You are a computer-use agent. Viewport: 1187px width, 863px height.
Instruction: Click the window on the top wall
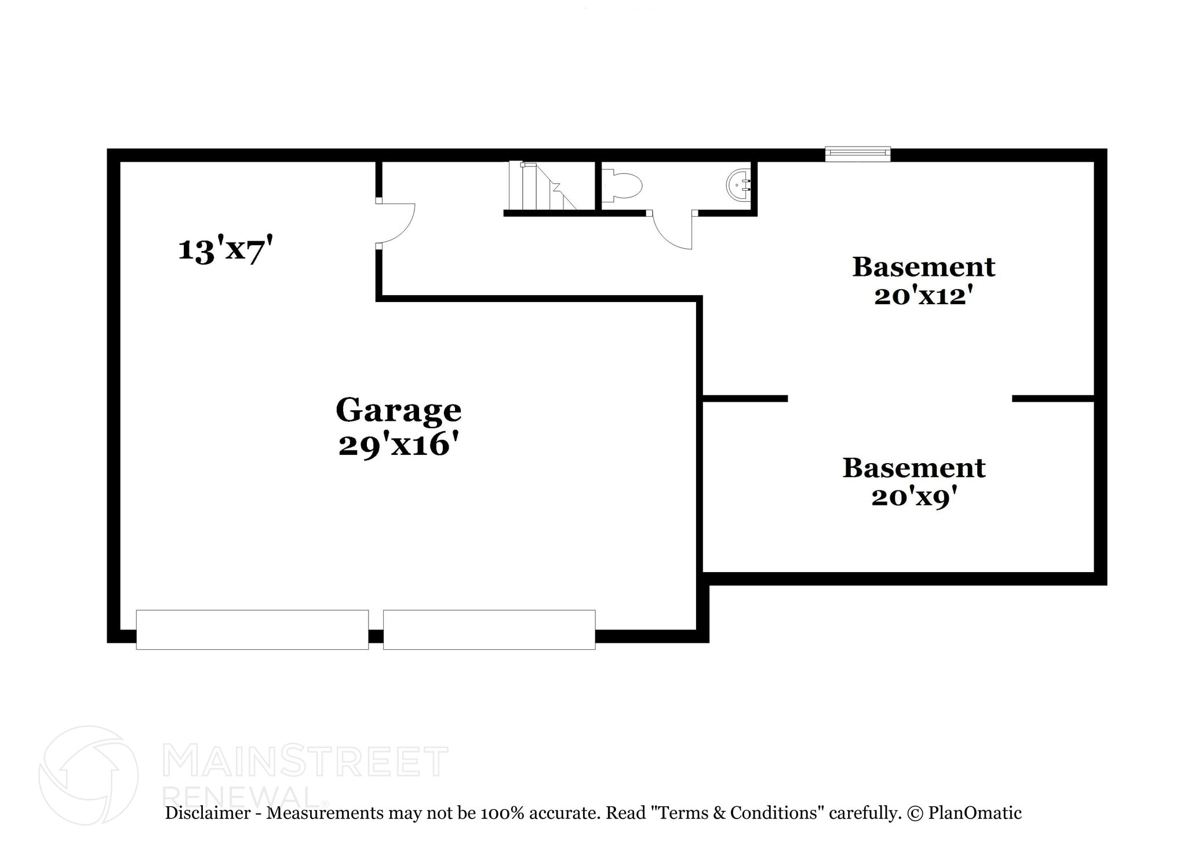click(857, 154)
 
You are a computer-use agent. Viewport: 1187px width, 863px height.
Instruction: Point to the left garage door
click(252, 629)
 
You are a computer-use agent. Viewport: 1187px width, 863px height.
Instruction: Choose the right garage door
click(489, 629)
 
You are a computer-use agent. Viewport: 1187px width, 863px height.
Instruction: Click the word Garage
click(398, 410)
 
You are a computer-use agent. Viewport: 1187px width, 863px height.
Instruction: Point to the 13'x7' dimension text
click(225, 250)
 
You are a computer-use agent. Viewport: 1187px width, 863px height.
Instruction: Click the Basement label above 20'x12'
click(923, 267)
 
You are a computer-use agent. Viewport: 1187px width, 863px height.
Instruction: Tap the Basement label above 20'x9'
click(913, 468)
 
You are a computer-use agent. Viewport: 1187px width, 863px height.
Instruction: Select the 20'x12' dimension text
click(923, 296)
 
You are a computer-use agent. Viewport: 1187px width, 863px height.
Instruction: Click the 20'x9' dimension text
click(913, 497)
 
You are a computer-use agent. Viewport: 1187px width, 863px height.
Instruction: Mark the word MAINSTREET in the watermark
click(305, 762)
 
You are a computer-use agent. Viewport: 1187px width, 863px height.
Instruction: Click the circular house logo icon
click(88, 775)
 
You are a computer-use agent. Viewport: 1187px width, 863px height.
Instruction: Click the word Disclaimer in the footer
click(207, 813)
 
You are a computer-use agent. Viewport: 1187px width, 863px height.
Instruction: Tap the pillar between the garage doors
click(376, 636)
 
